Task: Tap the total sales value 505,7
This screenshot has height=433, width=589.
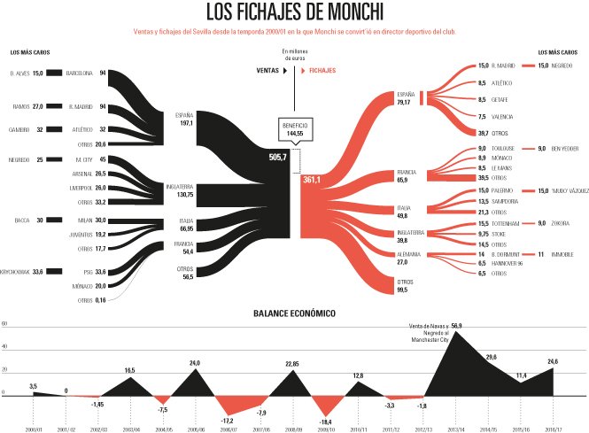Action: [x=277, y=157]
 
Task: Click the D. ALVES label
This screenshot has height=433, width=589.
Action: [x=19, y=73]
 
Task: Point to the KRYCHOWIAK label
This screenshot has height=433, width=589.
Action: [x=18, y=272]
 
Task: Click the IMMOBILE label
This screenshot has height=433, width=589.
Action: [x=563, y=253]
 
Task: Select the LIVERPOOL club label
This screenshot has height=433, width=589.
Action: [x=79, y=188]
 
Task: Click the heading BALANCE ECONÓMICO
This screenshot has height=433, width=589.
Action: [x=294, y=313]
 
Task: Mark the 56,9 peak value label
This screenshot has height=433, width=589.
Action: [x=456, y=326]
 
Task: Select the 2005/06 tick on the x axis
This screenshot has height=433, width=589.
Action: [x=195, y=429]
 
